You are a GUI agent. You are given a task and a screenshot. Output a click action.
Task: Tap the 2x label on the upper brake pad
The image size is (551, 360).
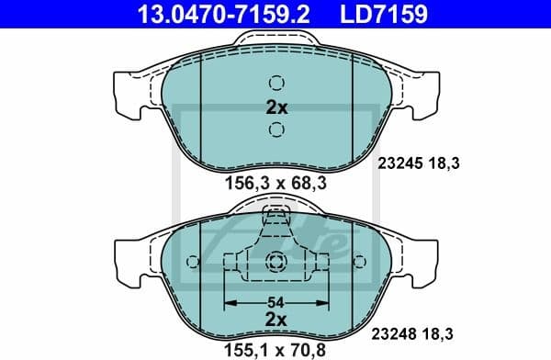(275, 107)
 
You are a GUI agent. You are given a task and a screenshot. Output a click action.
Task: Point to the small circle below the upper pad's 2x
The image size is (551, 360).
(275, 129)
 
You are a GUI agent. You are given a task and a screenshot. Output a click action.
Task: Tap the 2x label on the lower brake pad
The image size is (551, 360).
(275, 318)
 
